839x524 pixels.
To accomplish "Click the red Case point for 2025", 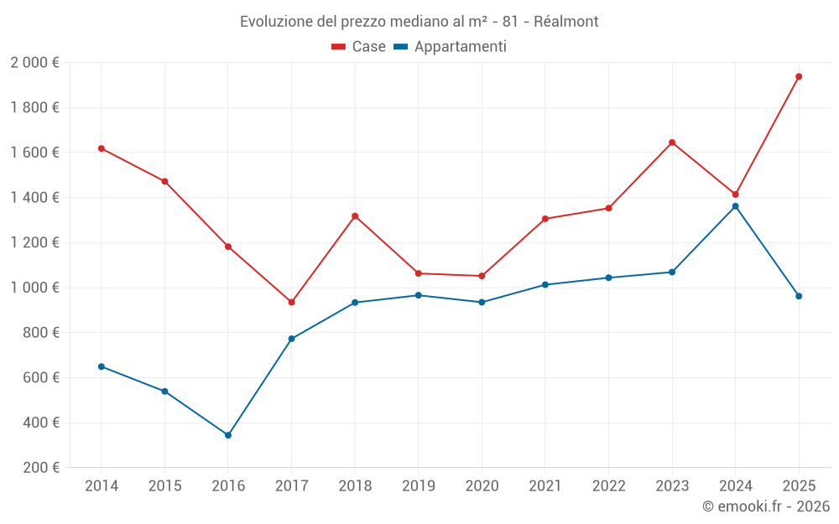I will [799, 76].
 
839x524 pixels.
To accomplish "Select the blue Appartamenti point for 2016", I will [228, 435].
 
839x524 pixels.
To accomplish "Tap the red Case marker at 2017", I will [291, 302].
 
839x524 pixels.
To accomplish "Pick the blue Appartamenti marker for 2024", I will [735, 206].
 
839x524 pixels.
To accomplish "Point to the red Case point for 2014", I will [102, 148].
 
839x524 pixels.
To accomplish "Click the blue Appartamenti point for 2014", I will [102, 366].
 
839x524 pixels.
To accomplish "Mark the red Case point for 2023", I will [672, 143].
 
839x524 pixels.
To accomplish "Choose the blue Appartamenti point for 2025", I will [799, 296].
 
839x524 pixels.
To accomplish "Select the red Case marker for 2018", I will [355, 216].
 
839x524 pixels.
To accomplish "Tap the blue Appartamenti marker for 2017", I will [291, 339].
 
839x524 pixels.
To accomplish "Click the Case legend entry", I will [359, 47].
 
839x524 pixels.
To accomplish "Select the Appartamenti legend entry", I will [451, 47].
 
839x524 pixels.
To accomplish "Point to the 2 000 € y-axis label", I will [35, 63].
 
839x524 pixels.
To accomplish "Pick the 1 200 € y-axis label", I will [35, 243].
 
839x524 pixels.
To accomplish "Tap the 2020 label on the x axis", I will [482, 486].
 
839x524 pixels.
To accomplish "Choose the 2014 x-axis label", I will [102, 486].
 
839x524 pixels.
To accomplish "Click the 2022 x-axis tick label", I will [608, 486].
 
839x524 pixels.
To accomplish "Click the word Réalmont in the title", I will [566, 22].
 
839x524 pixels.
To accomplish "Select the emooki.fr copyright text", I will [766, 506].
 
